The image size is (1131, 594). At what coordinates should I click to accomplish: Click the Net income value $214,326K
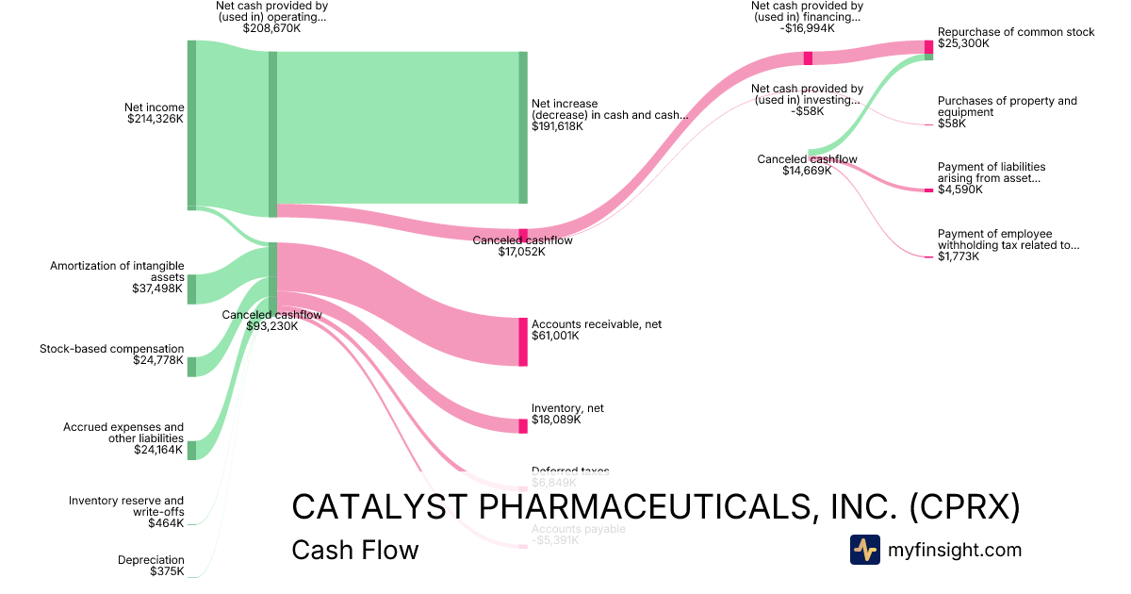point(156,119)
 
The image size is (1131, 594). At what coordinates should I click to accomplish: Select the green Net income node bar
point(191,124)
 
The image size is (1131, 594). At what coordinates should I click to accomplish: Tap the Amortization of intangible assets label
point(117,272)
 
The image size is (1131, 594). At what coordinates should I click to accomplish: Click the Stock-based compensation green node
point(191,366)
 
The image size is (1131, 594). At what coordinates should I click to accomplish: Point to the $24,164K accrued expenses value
point(159,450)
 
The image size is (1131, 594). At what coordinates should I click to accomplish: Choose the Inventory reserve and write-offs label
point(126,506)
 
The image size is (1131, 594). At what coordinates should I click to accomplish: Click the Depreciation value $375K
point(167,571)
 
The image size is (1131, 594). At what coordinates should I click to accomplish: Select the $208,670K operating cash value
point(271,28)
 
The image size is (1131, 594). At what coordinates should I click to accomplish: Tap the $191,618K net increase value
point(557,126)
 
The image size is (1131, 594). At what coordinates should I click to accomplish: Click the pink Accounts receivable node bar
point(523,341)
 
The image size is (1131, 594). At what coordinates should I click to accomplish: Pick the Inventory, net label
point(567,408)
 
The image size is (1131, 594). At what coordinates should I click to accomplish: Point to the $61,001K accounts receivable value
point(557,335)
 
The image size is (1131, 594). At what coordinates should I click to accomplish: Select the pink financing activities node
point(808,58)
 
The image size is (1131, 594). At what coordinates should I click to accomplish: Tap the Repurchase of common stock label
point(1016,32)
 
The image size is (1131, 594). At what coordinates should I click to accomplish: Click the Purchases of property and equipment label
point(1007,107)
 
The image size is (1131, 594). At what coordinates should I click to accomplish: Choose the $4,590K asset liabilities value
point(959,190)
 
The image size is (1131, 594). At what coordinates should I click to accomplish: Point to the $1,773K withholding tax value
point(959,256)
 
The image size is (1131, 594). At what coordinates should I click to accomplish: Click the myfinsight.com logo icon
point(864,550)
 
